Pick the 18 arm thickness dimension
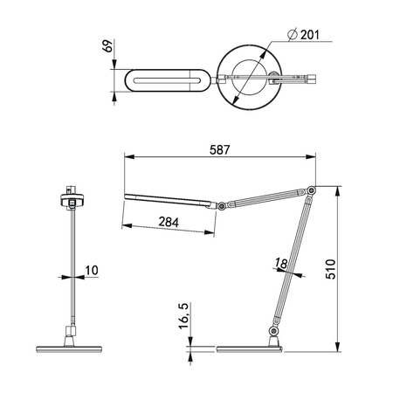(x=279, y=262)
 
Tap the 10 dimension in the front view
(x=93, y=272)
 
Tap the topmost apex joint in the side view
(x=312, y=190)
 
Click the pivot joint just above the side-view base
(x=273, y=332)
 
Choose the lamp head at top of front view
(x=70, y=200)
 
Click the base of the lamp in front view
(x=68, y=348)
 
